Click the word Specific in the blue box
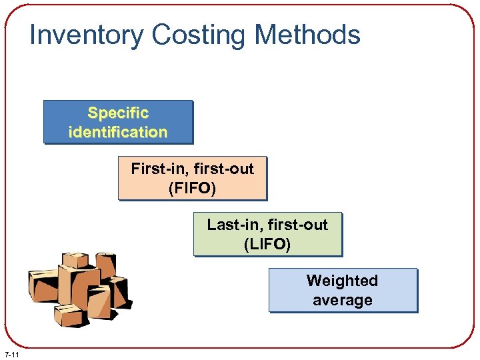coord(118,113)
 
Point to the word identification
coord(118,132)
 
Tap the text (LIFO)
coord(267,244)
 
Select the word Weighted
coord(342,281)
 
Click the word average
coord(342,300)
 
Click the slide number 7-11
coord(11,353)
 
